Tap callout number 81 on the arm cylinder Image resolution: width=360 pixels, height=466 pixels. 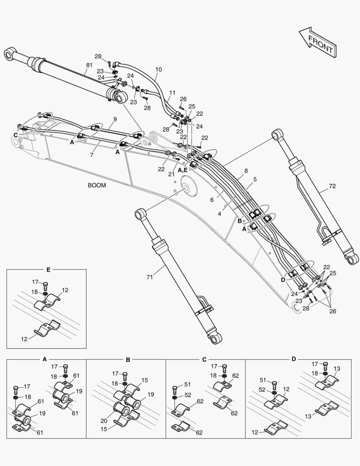pos(89,65)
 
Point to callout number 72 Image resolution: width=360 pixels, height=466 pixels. pos(332,186)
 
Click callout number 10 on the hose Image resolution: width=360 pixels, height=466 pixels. pos(159,69)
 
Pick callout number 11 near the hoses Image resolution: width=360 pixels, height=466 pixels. pos(172,93)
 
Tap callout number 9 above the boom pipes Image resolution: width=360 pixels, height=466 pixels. pos(115,119)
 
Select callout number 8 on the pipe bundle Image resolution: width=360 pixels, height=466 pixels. pos(246,170)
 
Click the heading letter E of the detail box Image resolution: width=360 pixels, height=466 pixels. pos(48,270)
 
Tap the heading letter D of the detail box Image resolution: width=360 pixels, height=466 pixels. pos(294,359)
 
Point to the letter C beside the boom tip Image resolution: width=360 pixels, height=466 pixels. pos(16,135)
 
